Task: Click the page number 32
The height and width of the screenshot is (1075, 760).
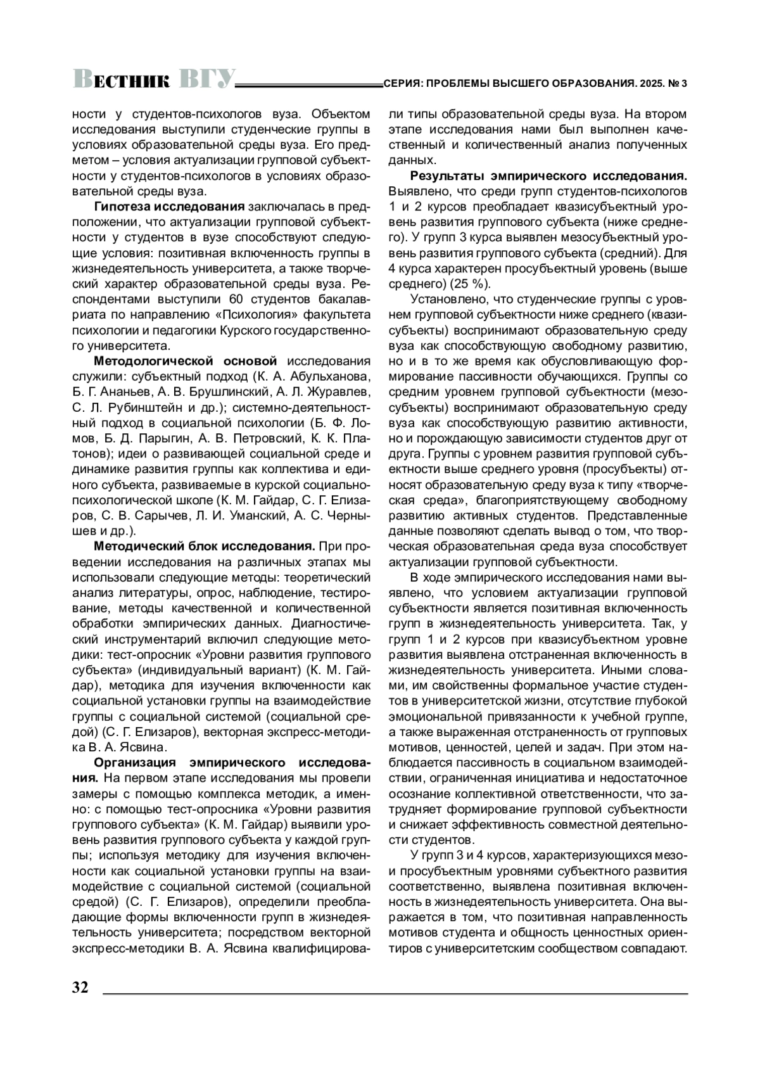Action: (80, 988)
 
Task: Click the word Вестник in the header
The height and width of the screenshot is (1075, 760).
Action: (121, 80)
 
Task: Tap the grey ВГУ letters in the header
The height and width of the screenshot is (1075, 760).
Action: (206, 79)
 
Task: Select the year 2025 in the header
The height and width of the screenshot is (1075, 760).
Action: (652, 83)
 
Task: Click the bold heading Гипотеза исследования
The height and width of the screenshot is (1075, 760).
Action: (169, 207)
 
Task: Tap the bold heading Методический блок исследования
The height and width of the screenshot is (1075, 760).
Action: (205, 546)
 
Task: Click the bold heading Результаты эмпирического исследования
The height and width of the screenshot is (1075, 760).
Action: (548, 175)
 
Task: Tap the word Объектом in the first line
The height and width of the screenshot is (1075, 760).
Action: (343, 115)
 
